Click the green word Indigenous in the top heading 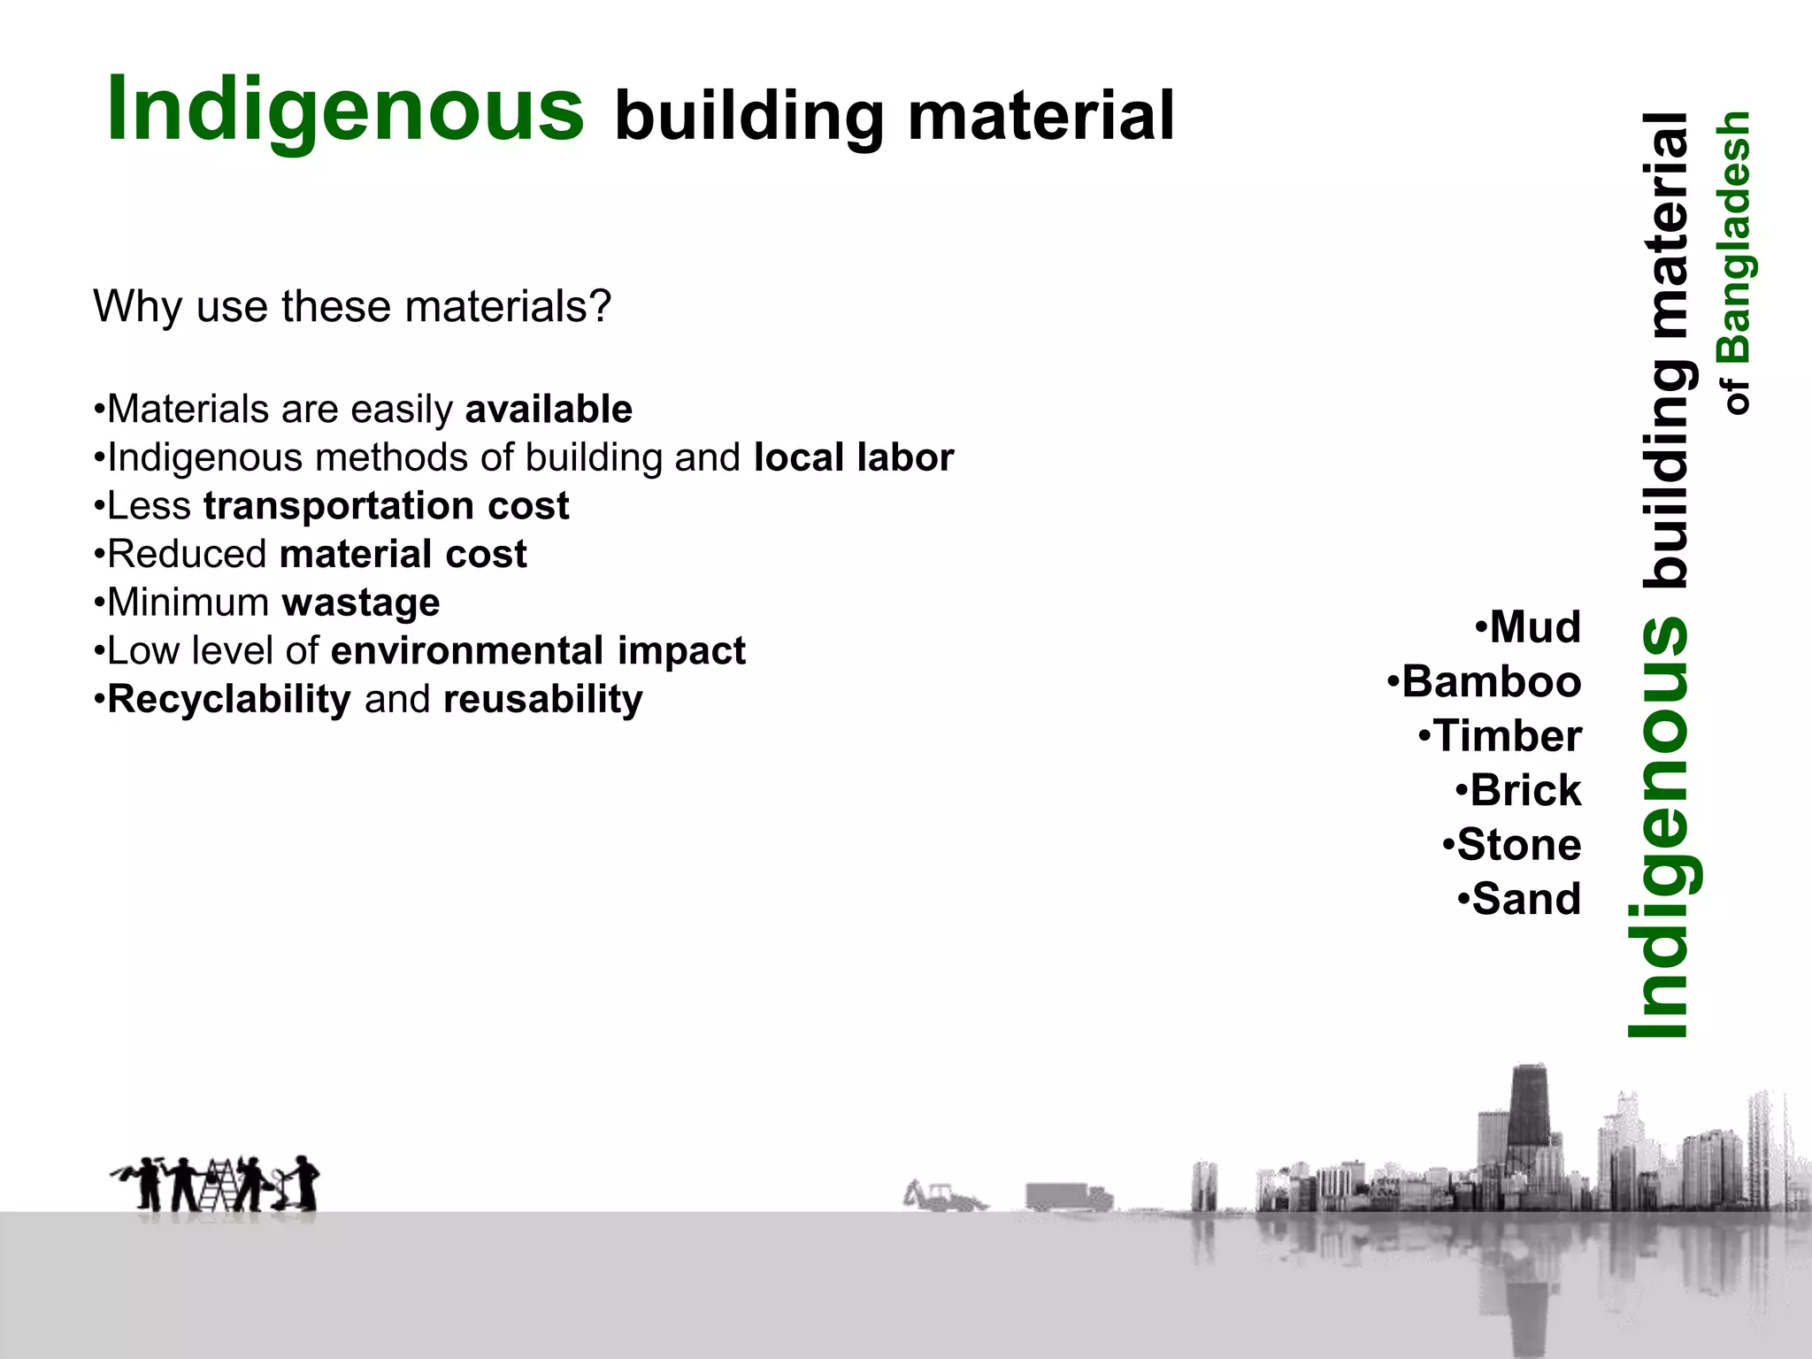click(x=345, y=110)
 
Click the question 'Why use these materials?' click(x=352, y=307)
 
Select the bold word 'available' click(x=549, y=410)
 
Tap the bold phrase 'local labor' click(x=854, y=458)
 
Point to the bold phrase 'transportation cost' click(x=386, y=506)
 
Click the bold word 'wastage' click(x=361, y=603)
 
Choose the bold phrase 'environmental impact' click(x=538, y=651)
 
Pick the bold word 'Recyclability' click(x=229, y=700)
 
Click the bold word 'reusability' click(x=543, y=700)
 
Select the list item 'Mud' click(x=1534, y=627)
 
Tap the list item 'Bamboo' click(x=1491, y=682)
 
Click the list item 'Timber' click(x=1507, y=736)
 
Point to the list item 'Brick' click(x=1524, y=790)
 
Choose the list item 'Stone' click(x=1518, y=845)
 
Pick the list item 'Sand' click(x=1525, y=899)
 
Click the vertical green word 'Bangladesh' click(x=1735, y=237)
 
